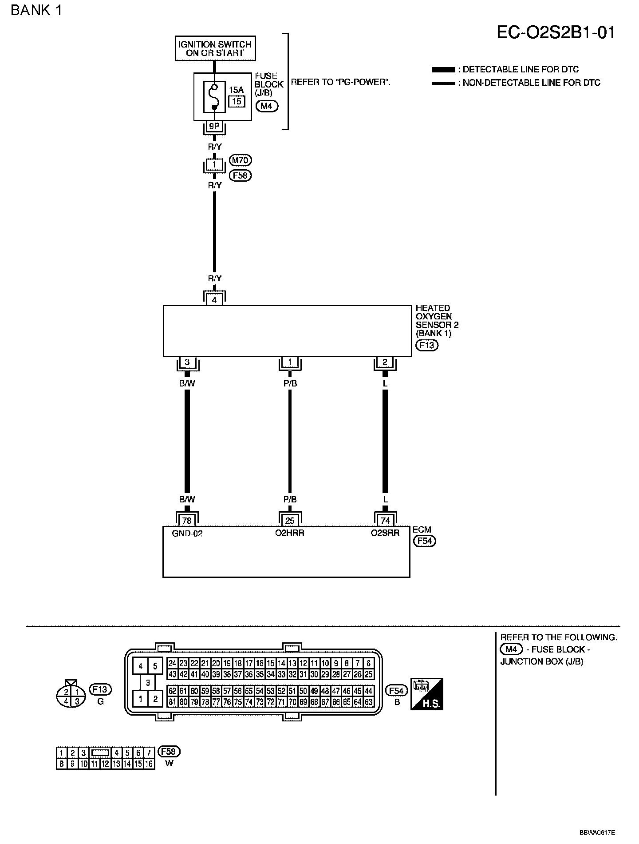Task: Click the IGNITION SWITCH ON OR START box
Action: point(215,48)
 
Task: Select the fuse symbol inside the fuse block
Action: point(214,96)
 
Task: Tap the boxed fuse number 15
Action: point(237,101)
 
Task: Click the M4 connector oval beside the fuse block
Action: point(267,106)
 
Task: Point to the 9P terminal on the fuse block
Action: point(214,127)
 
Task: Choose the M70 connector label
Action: point(240,159)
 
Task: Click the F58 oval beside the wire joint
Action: point(240,175)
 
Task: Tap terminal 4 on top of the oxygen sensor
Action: point(214,300)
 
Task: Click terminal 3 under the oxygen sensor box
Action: point(187,362)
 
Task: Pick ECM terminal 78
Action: point(187,521)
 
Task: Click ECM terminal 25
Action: point(290,521)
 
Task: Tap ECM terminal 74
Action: point(385,521)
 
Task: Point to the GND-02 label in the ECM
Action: point(187,533)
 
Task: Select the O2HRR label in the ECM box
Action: point(290,533)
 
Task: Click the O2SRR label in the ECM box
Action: point(385,533)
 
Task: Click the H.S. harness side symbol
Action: point(427,694)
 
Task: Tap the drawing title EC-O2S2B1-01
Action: point(556,32)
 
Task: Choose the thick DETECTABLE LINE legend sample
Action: point(443,70)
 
